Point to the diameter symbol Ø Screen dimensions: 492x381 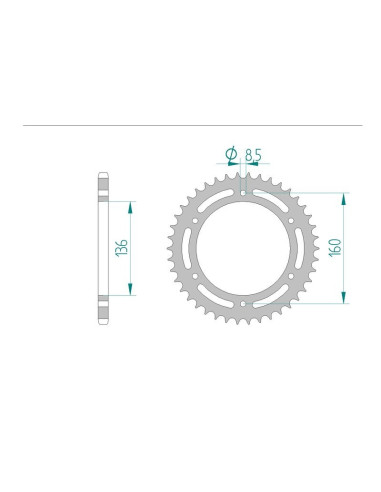(231, 154)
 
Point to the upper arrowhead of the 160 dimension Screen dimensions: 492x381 (345, 192)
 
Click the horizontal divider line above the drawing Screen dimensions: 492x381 (190, 126)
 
